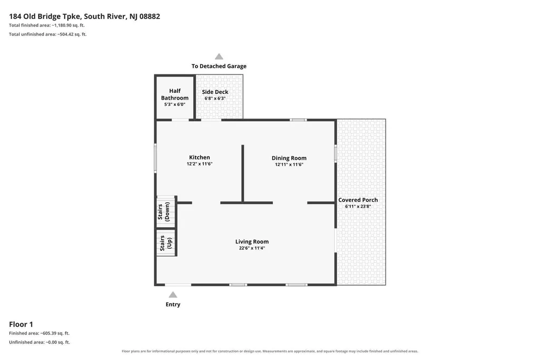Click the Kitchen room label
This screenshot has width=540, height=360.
coord(199,158)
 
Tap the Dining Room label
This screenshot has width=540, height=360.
coord(289,158)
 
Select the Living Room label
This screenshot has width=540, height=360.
coord(252,242)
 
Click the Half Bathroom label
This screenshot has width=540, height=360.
coord(174,94)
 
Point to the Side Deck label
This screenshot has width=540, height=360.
coord(215,92)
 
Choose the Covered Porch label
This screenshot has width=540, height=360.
coord(358,200)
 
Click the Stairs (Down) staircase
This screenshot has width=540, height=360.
coord(166,211)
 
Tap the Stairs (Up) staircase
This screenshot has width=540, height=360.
coord(166,242)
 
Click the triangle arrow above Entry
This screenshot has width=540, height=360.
coord(173,295)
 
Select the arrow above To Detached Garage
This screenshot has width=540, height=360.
coord(219,56)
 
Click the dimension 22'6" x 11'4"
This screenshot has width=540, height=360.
coord(252,248)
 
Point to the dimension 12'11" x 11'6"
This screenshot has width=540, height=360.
coord(289,164)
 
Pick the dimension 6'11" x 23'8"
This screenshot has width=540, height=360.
coord(358,206)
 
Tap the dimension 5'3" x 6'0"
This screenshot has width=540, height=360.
coord(174,104)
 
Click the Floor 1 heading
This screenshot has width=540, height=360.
coord(21,324)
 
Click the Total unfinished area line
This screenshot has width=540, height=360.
coord(47,34)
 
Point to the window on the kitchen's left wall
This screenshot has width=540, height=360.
coord(155,158)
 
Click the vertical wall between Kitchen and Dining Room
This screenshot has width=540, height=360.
coord(243,173)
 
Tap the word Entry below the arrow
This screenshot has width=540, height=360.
coord(173,305)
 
